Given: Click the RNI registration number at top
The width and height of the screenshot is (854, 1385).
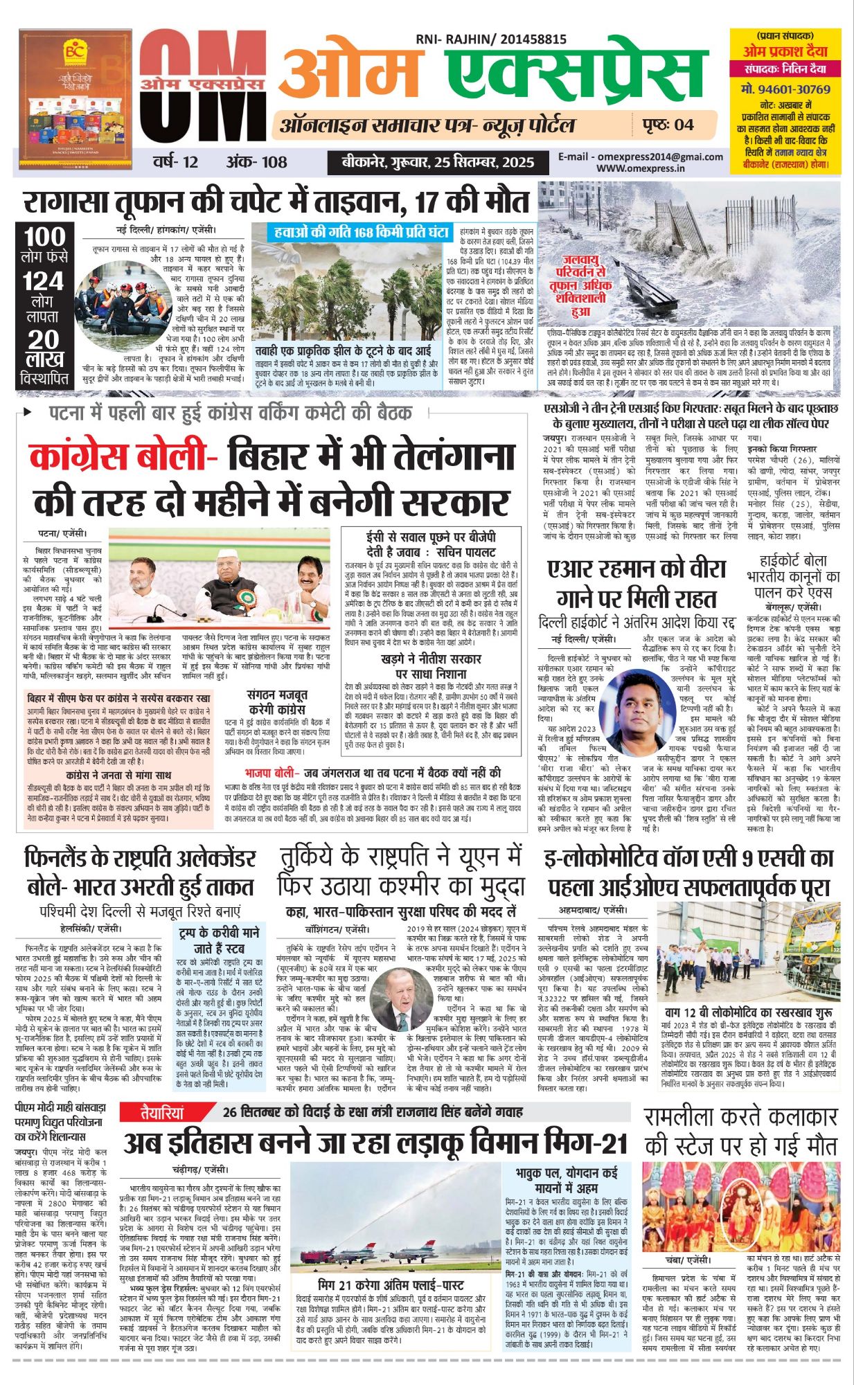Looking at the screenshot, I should coord(491,40).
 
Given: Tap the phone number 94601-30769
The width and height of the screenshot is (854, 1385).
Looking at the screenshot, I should coord(785,89).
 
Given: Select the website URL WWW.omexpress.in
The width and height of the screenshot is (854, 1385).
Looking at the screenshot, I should coord(640,168).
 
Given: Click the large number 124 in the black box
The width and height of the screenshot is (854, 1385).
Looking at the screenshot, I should coord(45,282).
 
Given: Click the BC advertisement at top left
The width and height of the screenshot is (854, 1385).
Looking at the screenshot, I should coord(65,98).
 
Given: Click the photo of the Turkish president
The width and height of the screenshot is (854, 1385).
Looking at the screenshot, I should coord(398,999).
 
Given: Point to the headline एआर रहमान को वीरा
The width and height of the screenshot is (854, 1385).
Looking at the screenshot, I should coord(636,569).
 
